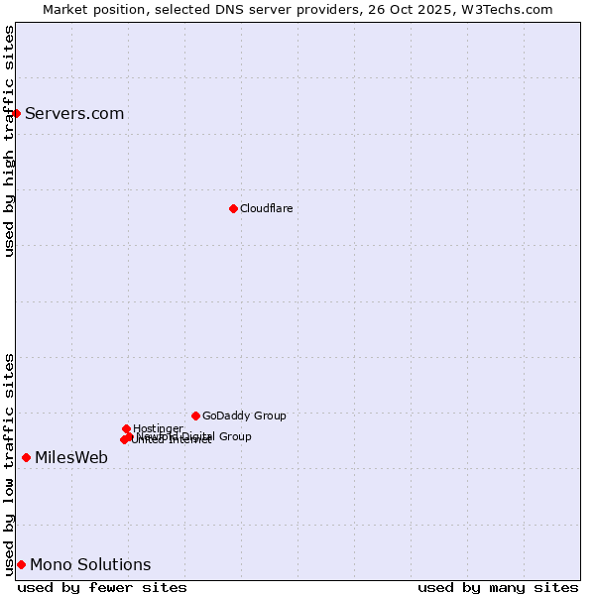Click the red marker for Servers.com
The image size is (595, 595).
tap(16, 113)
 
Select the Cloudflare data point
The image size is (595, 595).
tap(233, 208)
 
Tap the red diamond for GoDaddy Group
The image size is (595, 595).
tap(195, 416)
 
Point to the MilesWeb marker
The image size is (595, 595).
tap(26, 457)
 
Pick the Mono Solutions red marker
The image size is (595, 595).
tap(21, 564)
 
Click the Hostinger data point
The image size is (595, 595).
tap(126, 428)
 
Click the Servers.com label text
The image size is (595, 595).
tap(74, 113)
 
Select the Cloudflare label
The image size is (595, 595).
tap(266, 208)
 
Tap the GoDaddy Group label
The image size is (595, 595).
tap(244, 416)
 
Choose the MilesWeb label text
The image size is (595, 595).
tap(71, 457)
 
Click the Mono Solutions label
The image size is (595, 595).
tap(90, 564)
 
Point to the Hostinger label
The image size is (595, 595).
tap(158, 428)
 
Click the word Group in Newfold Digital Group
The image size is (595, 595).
tap(235, 436)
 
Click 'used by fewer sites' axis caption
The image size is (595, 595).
tap(102, 587)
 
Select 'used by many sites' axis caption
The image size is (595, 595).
tap(498, 587)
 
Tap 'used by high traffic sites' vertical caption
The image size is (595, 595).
tap(9, 141)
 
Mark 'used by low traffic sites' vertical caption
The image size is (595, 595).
tap(9, 463)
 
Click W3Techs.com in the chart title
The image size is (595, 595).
tap(514, 9)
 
